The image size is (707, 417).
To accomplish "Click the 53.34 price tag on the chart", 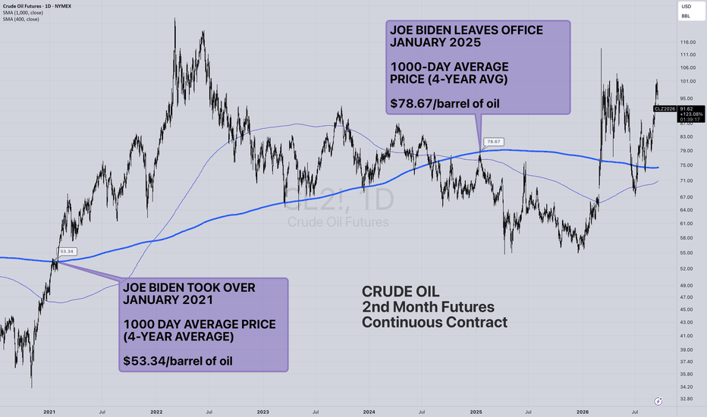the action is tap(68, 252).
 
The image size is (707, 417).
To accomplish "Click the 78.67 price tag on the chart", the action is tap(494, 142).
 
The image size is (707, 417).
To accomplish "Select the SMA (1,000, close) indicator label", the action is tap(23, 13).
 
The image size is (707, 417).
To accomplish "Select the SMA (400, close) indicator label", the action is tap(20, 19).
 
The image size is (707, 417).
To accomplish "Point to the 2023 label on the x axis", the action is tap(263, 412).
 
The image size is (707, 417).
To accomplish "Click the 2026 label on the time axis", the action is tap(582, 412).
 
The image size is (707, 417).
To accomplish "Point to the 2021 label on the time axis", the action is tap(49, 412).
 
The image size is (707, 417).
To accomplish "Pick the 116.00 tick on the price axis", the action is tap(687, 42).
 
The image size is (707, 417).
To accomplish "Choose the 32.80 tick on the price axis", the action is tap(687, 399).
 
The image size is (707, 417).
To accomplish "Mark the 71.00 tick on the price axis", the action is tap(687, 180).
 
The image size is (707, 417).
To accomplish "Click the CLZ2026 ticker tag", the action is tap(665, 108).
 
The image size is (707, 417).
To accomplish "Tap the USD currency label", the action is tap(686, 6).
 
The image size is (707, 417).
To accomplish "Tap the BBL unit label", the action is tap(685, 16).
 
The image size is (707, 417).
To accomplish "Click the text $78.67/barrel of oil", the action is tap(445, 104).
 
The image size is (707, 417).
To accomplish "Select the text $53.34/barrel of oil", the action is tap(178, 361).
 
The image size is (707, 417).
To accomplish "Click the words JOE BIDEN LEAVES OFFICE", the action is tap(467, 30).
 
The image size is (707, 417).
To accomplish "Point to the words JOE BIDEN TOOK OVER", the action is tap(189, 287).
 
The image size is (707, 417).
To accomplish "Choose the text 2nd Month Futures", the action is tap(428, 307).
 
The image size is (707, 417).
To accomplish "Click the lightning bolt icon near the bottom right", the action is tap(658, 401).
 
